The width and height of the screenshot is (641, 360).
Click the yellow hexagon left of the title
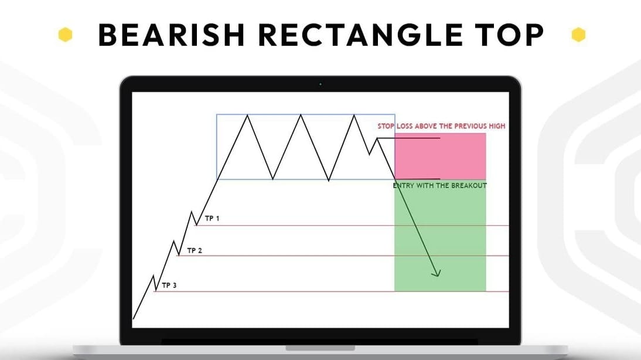click(65, 35)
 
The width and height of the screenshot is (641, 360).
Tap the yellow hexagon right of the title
click(579, 35)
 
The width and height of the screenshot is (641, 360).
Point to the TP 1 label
click(212, 219)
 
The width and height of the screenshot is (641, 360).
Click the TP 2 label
click(195, 250)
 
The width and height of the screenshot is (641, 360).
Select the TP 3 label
click(169, 286)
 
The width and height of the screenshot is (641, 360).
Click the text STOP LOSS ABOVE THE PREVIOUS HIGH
click(441, 126)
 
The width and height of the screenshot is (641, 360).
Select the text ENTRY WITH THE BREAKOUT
click(439, 186)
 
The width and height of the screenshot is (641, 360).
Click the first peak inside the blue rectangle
click(248, 115)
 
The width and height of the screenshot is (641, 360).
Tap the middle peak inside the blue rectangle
click(301, 115)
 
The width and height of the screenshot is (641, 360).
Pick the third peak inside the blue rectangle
click(354, 115)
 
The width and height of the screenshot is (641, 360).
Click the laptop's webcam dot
click(320, 84)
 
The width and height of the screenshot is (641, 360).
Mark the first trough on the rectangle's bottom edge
click(272, 179)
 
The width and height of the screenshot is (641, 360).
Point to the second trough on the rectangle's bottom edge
click(329, 180)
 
